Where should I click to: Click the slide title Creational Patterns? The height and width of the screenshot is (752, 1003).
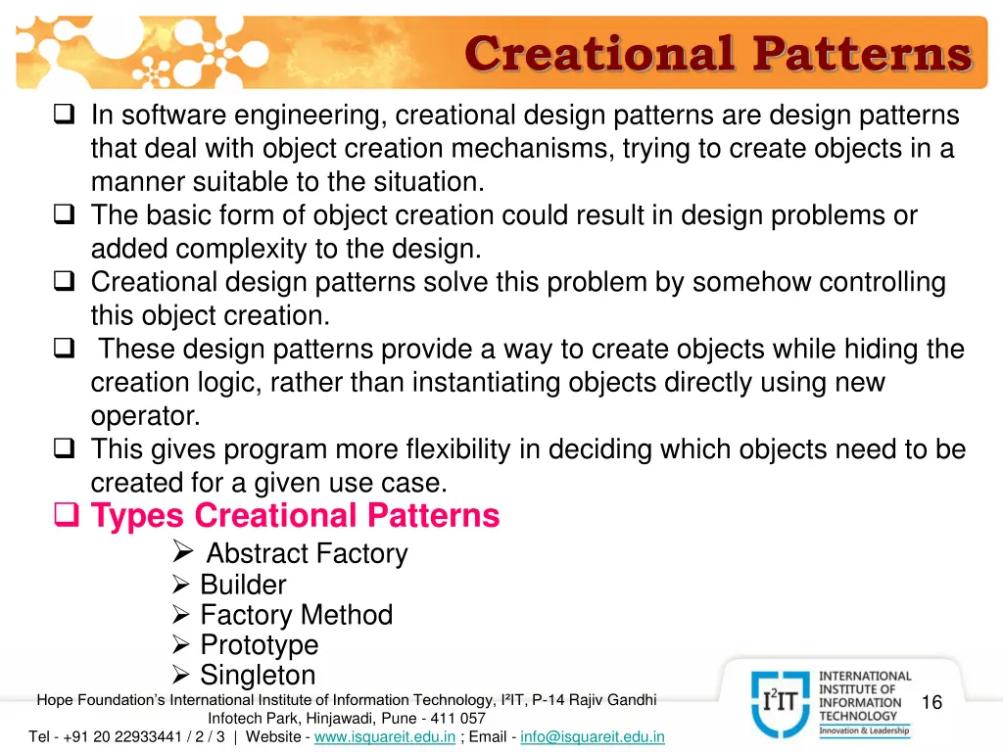coord(718,54)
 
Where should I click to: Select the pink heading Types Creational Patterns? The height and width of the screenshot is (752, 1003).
coord(295,515)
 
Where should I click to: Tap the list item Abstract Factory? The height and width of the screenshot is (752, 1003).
coord(307,553)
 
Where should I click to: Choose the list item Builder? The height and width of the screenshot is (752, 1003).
coord(243,585)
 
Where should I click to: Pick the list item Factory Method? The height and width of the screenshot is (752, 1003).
coord(296,615)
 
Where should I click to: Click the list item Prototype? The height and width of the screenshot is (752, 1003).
coord(259,645)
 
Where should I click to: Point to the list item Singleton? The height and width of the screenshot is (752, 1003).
coord(258,675)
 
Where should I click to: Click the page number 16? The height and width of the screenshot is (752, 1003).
coord(931,702)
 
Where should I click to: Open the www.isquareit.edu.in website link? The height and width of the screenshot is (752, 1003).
coord(385,736)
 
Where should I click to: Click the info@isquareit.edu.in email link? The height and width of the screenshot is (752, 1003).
coord(593,736)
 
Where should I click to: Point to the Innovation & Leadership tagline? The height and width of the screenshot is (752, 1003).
coord(864,730)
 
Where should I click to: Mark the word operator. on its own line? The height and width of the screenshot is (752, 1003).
coord(146,416)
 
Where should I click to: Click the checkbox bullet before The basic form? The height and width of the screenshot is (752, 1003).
coord(65,215)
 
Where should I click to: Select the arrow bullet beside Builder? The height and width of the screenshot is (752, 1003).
coord(180,586)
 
